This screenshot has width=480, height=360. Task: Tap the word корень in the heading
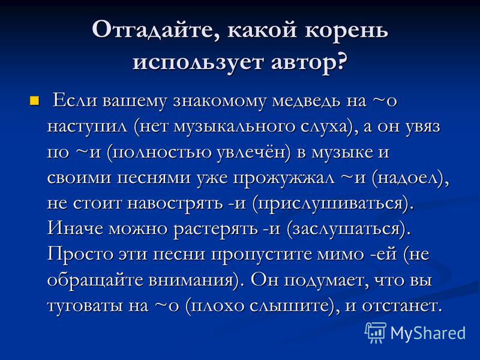point(346,29)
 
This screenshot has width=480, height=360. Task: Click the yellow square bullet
point(34,100)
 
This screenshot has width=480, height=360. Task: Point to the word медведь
point(307,101)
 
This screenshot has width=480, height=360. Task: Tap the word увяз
point(423,127)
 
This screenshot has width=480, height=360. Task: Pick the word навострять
point(175,203)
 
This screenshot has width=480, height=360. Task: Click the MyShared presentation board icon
point(376,332)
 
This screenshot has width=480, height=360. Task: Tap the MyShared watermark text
point(428,333)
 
